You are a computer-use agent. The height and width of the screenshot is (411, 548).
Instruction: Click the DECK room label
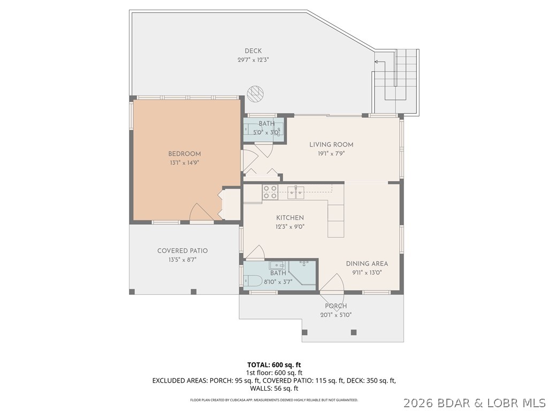coord(253,51)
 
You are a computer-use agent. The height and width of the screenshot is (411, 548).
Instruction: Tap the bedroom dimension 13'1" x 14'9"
coord(184,162)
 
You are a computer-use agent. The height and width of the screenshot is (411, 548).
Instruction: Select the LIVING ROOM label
coord(331,144)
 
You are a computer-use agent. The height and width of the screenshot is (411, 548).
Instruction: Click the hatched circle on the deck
coord(256,94)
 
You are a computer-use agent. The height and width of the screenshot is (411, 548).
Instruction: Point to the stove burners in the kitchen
coord(270,192)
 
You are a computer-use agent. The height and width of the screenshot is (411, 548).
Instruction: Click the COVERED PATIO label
coord(182,250)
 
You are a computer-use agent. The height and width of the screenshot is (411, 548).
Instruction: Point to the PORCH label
coord(336,306)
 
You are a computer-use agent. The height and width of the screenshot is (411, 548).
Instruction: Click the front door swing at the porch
coord(333,284)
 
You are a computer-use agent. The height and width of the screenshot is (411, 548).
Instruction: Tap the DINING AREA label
coord(367,263)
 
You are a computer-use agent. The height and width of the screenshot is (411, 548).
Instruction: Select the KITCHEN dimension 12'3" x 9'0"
coord(290,226)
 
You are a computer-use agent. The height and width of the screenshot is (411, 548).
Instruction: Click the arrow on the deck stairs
coord(376,62)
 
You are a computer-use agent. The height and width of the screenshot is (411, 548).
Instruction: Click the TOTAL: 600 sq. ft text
coord(274,364)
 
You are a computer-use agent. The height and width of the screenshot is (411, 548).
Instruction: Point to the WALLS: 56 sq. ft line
coord(274,389)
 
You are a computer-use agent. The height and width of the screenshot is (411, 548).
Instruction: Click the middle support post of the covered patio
coord(194,292)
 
